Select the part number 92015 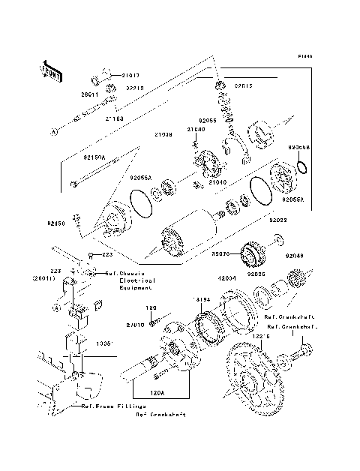click(244, 85)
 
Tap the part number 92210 click(135, 88)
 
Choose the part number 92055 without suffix click(208, 120)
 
